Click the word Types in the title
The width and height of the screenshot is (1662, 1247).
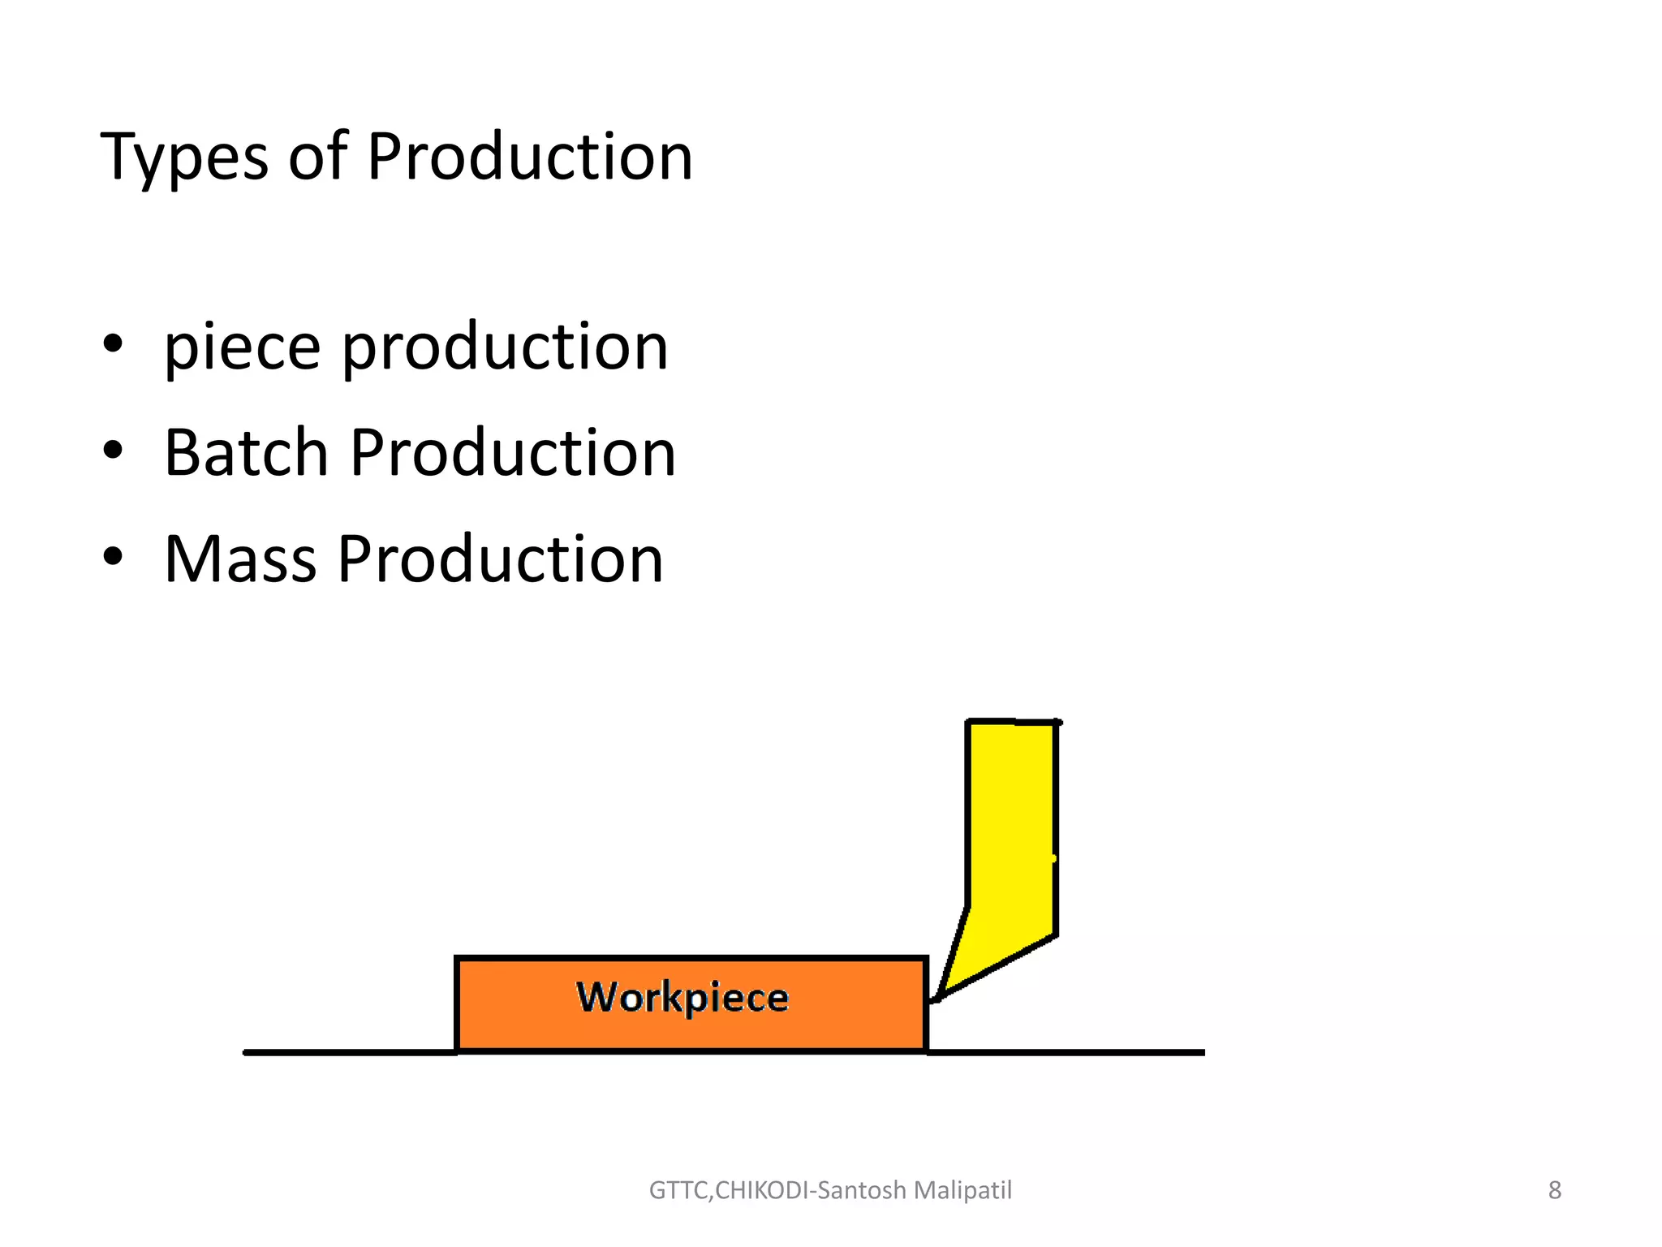[x=183, y=157]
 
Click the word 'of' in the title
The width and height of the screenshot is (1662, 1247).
[x=317, y=157]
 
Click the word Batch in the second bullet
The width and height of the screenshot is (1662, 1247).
[x=246, y=452]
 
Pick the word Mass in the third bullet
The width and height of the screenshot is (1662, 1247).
[x=240, y=559]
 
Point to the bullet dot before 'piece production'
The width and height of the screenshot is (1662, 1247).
[x=113, y=344]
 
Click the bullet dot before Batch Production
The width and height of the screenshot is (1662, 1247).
[x=113, y=450]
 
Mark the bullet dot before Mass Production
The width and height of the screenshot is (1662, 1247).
[x=113, y=557]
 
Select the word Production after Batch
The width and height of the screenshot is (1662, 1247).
[x=513, y=452]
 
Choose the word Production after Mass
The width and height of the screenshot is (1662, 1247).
[x=501, y=559]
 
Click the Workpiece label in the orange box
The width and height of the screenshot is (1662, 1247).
[x=682, y=998]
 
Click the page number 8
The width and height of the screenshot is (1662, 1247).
[x=1554, y=1190]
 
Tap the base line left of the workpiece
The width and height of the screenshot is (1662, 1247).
[x=349, y=1052]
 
